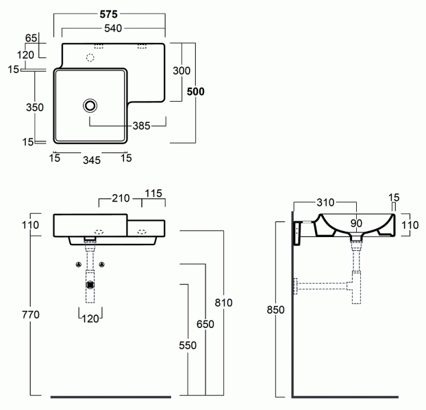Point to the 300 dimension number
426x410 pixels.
tap(181, 71)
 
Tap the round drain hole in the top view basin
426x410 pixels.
tap(90, 105)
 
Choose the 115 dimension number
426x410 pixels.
tap(153, 194)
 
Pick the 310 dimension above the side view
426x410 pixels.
tap(325, 202)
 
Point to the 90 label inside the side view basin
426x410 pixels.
tap(356, 223)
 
